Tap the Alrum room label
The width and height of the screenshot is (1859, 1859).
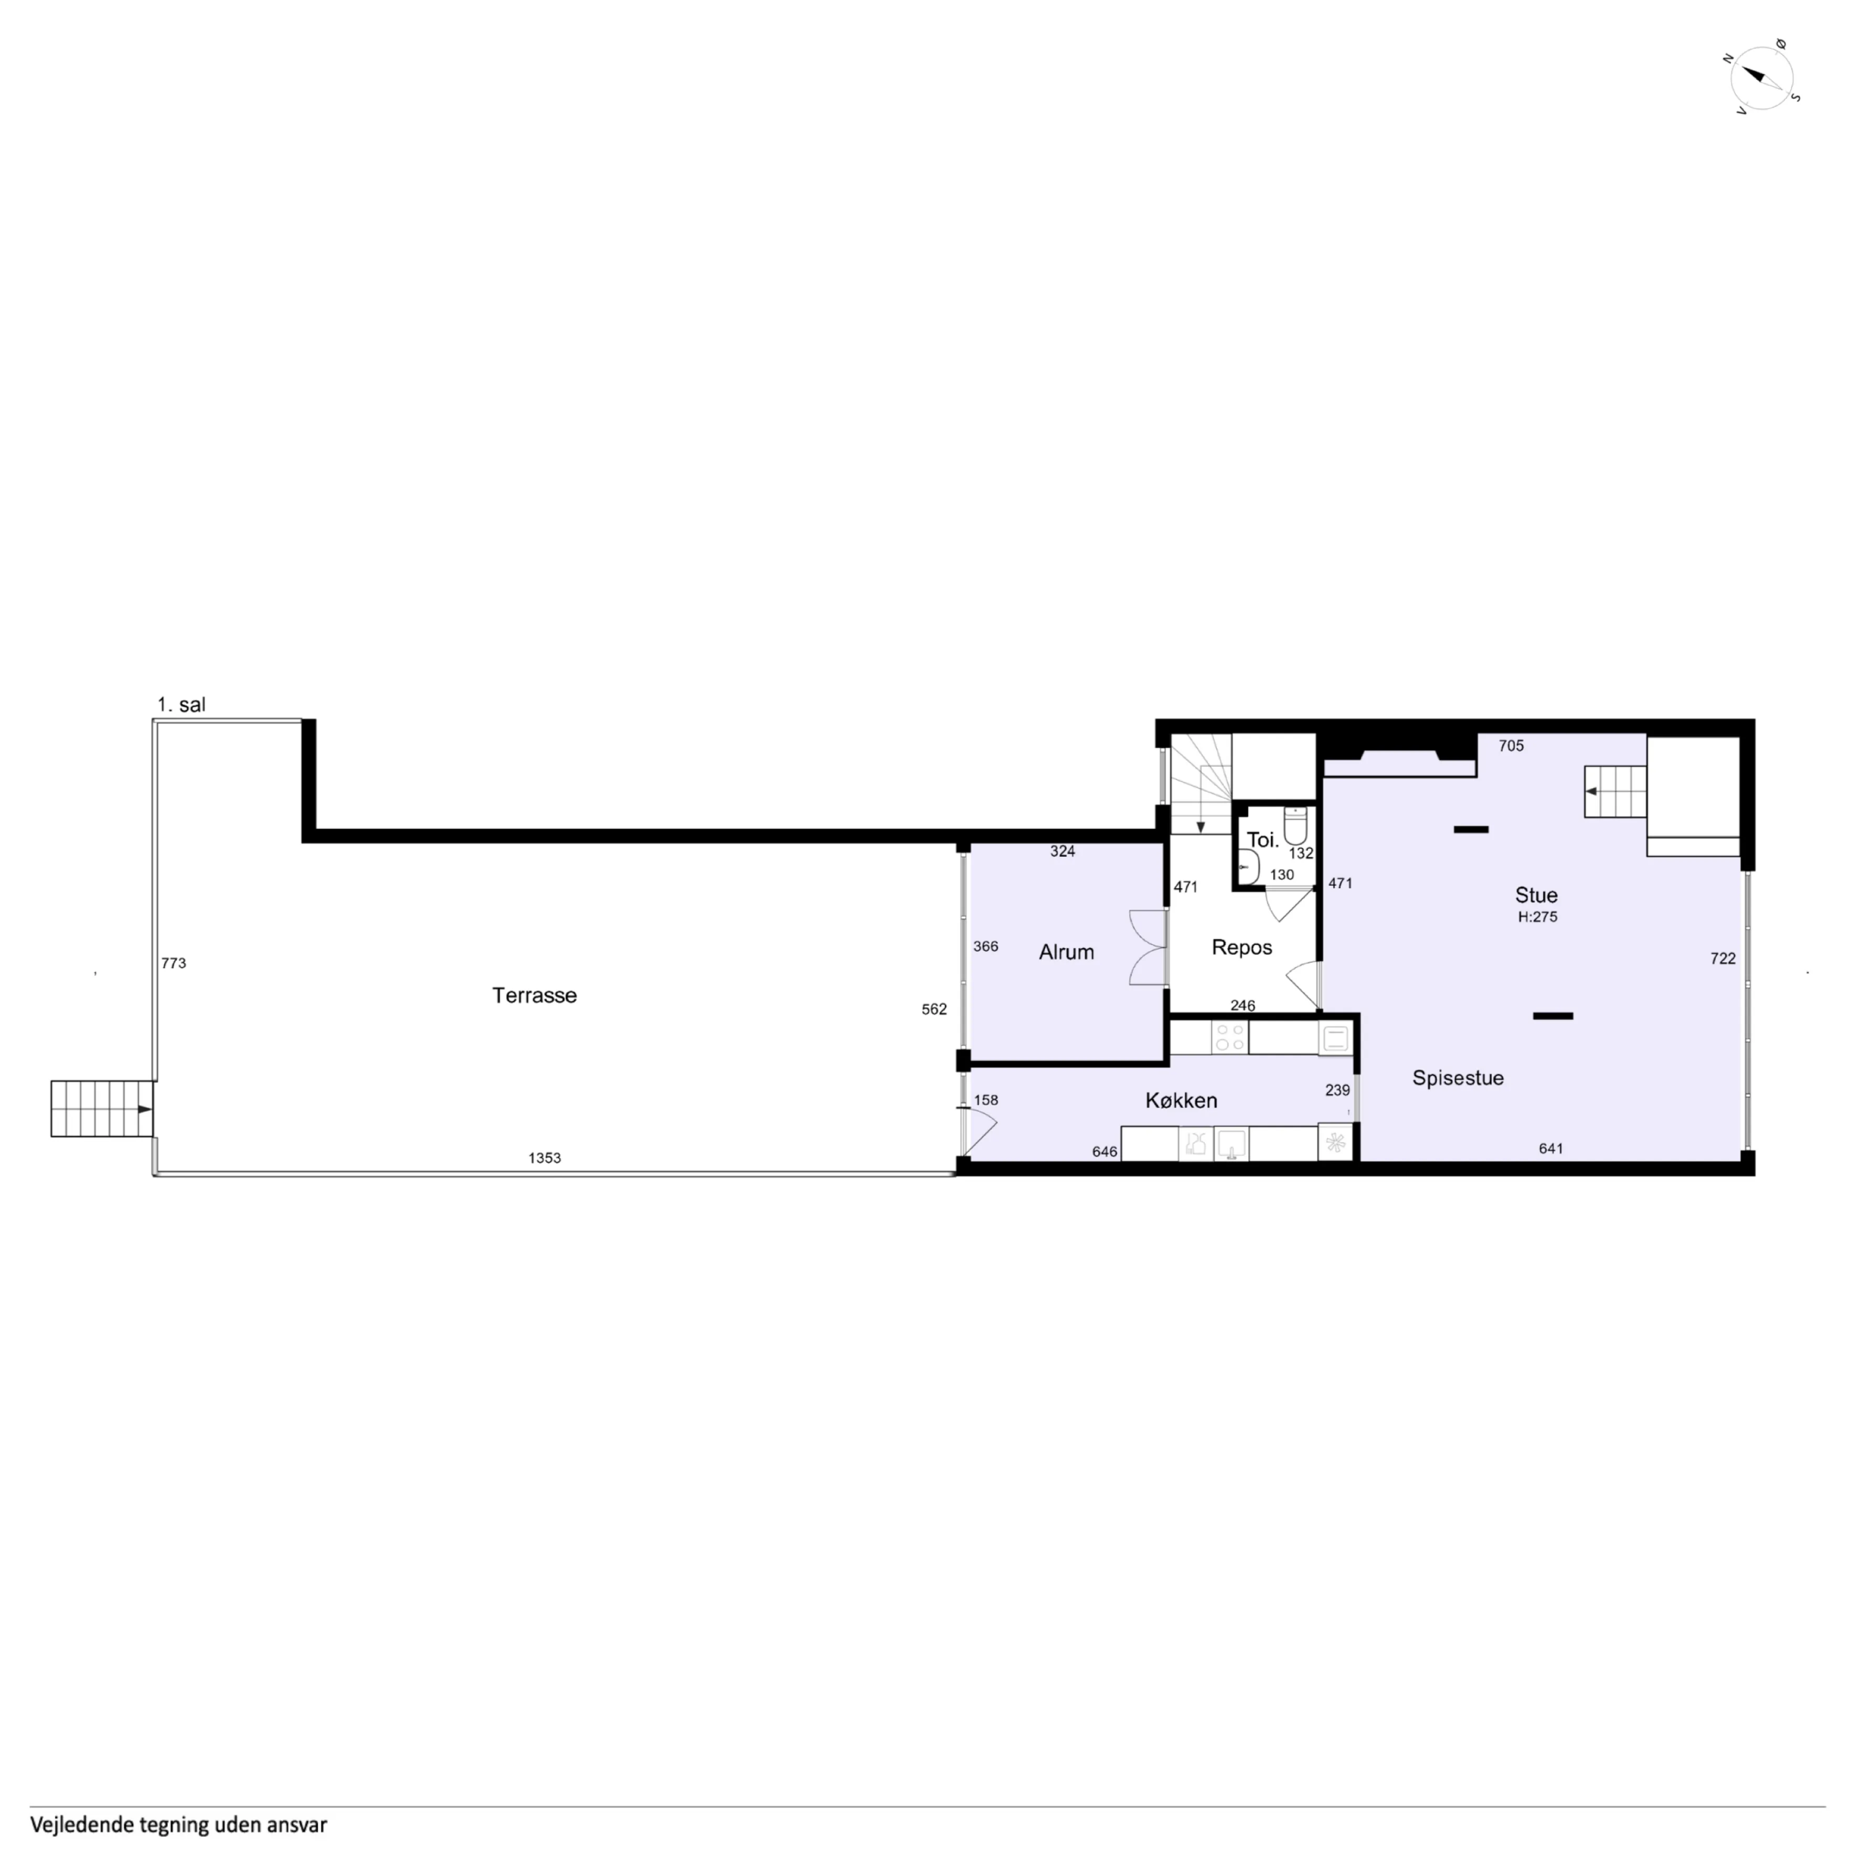pyautogui.click(x=1066, y=953)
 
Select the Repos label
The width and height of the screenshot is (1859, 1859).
pyautogui.click(x=1241, y=948)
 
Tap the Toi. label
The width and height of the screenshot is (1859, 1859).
pyautogui.click(x=1262, y=840)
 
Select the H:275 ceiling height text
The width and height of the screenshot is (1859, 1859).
pyautogui.click(x=1537, y=917)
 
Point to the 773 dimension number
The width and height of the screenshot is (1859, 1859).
pyautogui.click(x=173, y=963)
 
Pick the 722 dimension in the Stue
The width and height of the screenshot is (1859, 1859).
pyautogui.click(x=1723, y=959)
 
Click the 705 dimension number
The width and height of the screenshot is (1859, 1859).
pyautogui.click(x=1511, y=746)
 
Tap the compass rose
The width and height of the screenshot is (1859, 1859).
pyautogui.click(x=1763, y=78)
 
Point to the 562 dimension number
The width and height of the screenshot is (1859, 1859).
pyautogui.click(x=933, y=1010)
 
